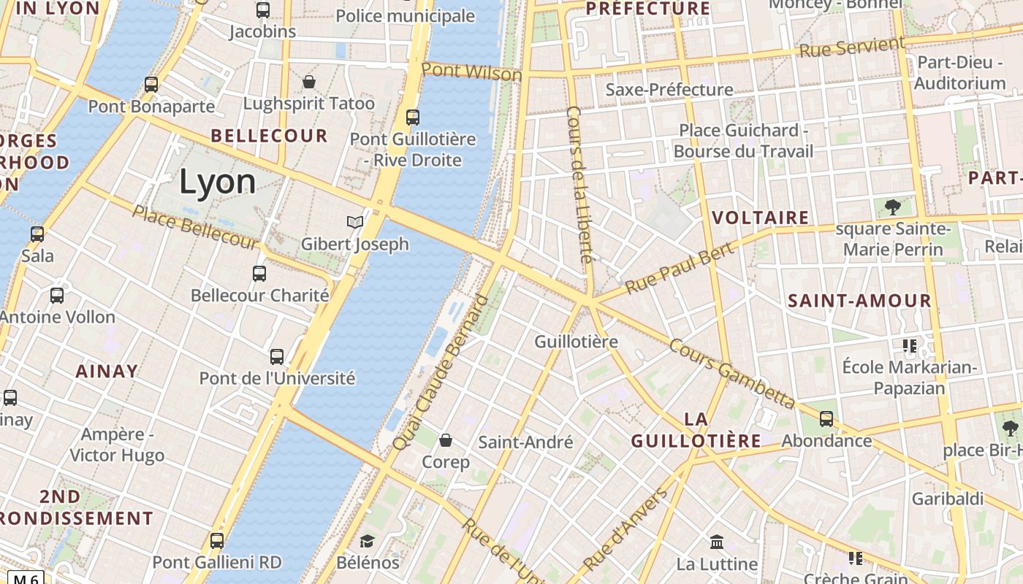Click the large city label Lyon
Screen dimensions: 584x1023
pyautogui.click(x=217, y=182)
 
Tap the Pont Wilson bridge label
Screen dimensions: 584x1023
pyautogui.click(x=471, y=72)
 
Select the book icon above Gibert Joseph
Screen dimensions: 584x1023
pyautogui.click(x=355, y=222)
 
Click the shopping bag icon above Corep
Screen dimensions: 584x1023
pyautogui.click(x=446, y=440)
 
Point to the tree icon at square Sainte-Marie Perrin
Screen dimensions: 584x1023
pyautogui.click(x=892, y=207)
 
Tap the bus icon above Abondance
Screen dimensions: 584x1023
pyautogui.click(x=826, y=419)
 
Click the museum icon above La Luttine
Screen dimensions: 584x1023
pyautogui.click(x=716, y=542)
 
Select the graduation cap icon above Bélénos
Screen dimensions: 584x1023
pyautogui.click(x=367, y=541)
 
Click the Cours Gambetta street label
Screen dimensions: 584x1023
pyautogui.click(x=731, y=373)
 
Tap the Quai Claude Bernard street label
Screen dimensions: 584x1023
pyautogui.click(x=440, y=372)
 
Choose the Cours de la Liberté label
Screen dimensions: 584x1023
pyautogui.click(x=579, y=185)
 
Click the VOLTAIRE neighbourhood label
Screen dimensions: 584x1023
pyautogui.click(x=760, y=218)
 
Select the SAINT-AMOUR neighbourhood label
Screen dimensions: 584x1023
pyautogui.click(x=859, y=301)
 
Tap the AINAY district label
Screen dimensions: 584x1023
pyautogui.click(x=107, y=371)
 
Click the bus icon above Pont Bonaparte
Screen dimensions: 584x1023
pyautogui.click(x=151, y=85)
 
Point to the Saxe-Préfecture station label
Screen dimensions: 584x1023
pyautogui.click(x=669, y=90)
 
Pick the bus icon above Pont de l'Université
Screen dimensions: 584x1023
pyautogui.click(x=277, y=357)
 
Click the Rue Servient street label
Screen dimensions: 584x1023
pyautogui.click(x=852, y=48)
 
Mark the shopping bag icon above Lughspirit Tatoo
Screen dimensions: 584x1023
pyautogui.click(x=309, y=81)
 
